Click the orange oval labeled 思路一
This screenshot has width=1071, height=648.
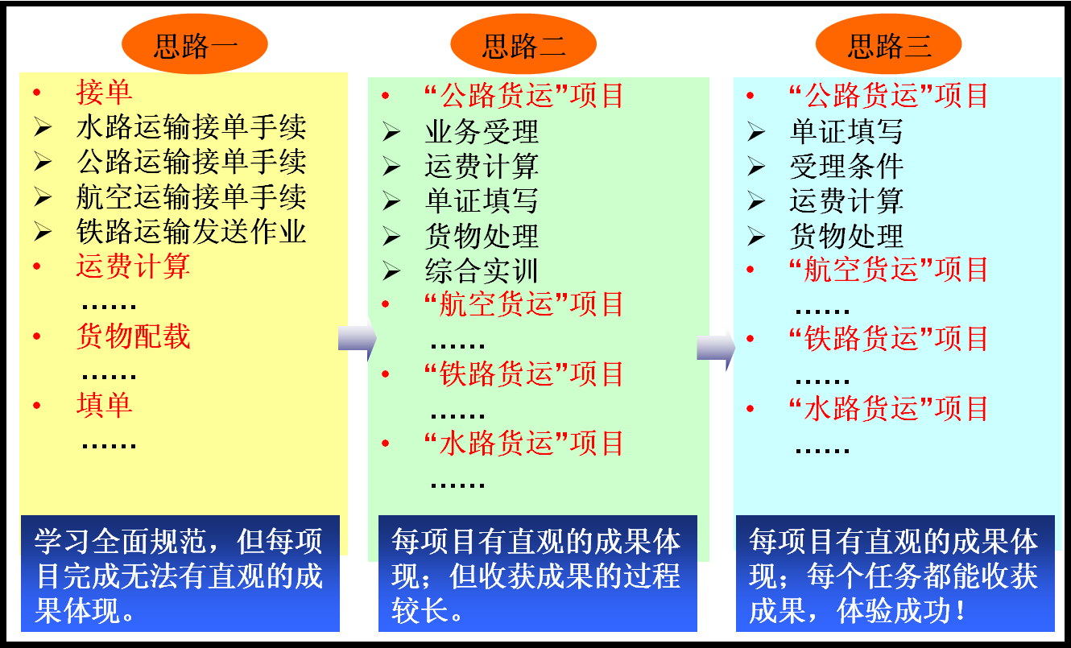(195, 44)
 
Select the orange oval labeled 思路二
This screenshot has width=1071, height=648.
(523, 44)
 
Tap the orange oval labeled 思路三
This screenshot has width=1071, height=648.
(888, 44)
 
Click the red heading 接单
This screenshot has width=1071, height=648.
(104, 92)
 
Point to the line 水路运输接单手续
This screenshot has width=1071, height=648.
(192, 127)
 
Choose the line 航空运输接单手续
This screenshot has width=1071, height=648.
(192, 197)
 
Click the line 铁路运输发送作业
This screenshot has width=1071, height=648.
(192, 232)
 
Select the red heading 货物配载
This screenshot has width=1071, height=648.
(134, 336)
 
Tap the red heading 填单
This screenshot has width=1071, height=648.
(104, 405)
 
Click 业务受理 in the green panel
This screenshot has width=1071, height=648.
(482, 131)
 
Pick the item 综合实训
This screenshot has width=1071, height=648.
(482, 271)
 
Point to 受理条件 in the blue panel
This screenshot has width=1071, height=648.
(847, 167)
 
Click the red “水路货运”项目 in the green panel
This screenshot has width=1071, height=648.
(524, 443)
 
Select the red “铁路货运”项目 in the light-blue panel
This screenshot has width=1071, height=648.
(888, 338)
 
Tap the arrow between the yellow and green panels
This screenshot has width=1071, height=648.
(358, 338)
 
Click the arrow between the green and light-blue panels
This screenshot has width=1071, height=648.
(716, 349)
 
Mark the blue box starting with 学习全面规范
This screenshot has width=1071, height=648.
(180, 573)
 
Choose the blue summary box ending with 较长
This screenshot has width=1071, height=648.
(537, 573)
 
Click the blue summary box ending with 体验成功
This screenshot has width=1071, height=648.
(895, 573)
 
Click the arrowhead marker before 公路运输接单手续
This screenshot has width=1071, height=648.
(43, 162)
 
